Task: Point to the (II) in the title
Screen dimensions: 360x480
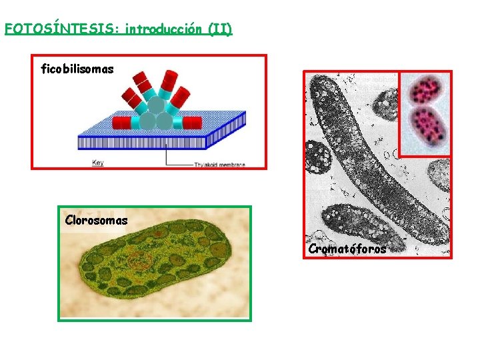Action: [220, 29]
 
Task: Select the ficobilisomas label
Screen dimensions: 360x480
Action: [77, 69]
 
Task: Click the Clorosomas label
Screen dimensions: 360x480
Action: [96, 220]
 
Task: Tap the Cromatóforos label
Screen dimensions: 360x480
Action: [347, 249]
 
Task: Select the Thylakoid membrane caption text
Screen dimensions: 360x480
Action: [219, 164]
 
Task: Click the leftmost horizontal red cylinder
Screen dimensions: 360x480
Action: [121, 123]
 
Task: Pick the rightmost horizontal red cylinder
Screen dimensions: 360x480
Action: [191, 123]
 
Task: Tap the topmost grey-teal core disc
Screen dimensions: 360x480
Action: [155, 105]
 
